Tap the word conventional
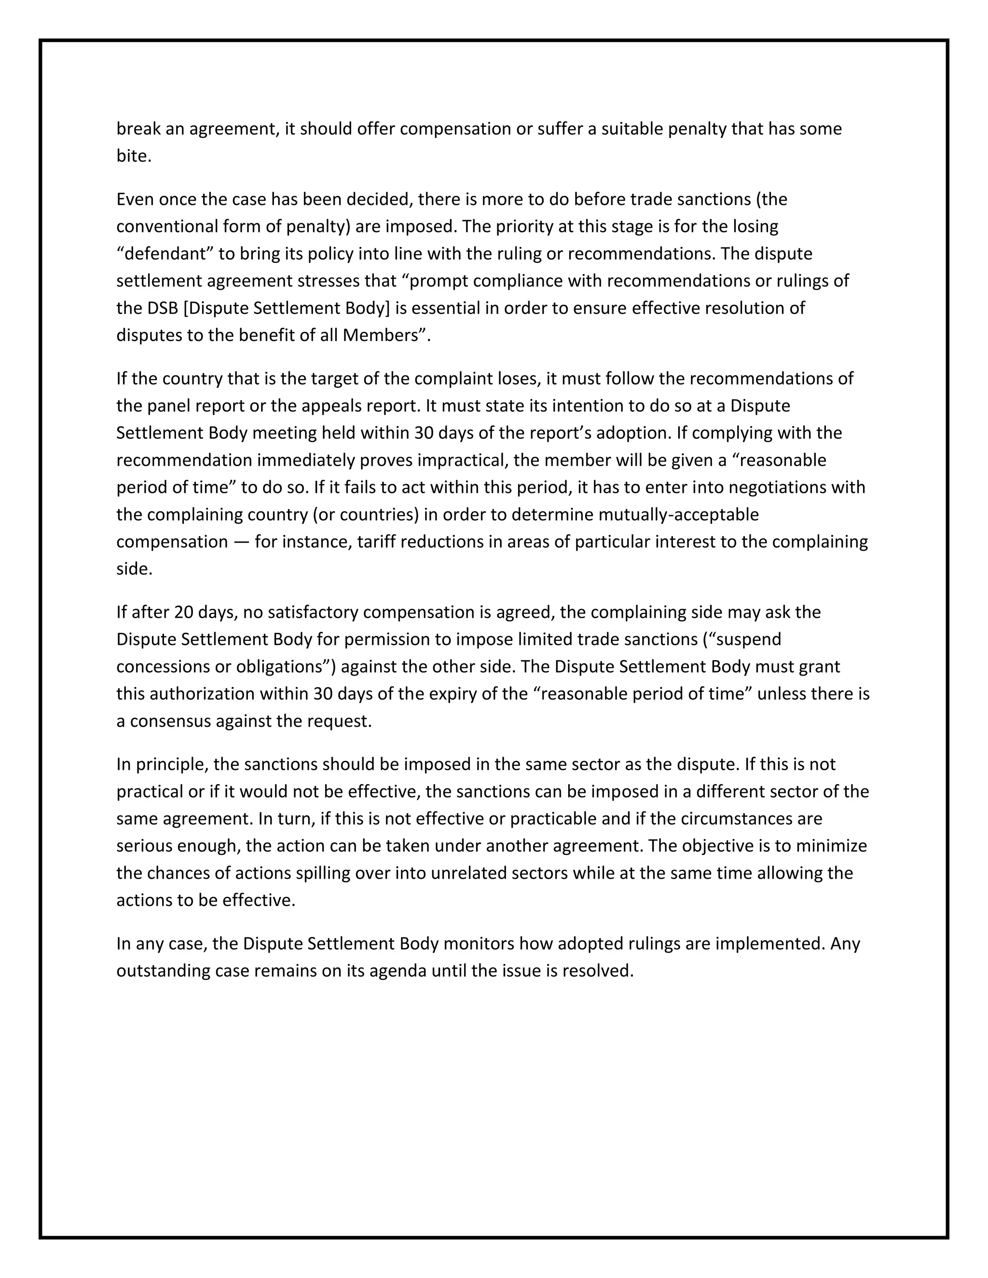pos(167,227)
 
